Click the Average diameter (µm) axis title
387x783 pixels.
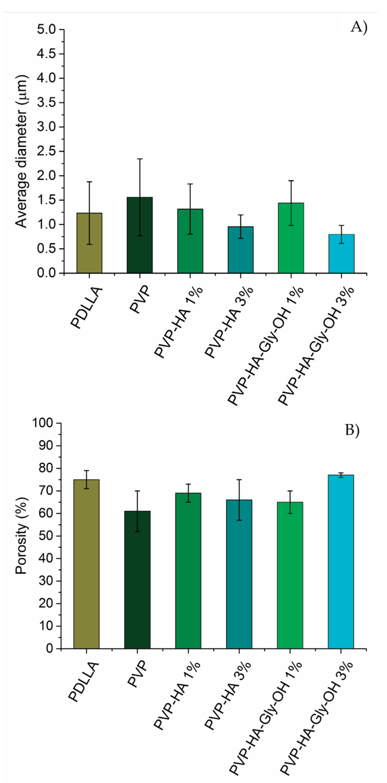click(x=21, y=151)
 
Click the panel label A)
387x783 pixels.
click(x=359, y=27)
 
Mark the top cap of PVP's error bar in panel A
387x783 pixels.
click(x=140, y=159)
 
